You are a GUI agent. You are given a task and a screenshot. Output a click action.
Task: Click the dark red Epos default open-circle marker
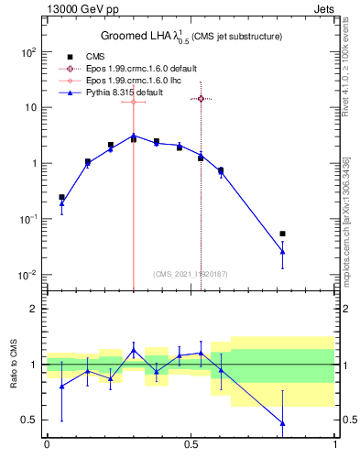[201, 98]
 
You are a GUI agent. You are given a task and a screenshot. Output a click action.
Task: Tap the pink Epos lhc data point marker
[134, 102]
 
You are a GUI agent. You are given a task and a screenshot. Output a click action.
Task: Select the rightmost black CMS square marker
[282, 234]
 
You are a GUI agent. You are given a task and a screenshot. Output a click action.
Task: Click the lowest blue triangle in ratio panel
[282, 423]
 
